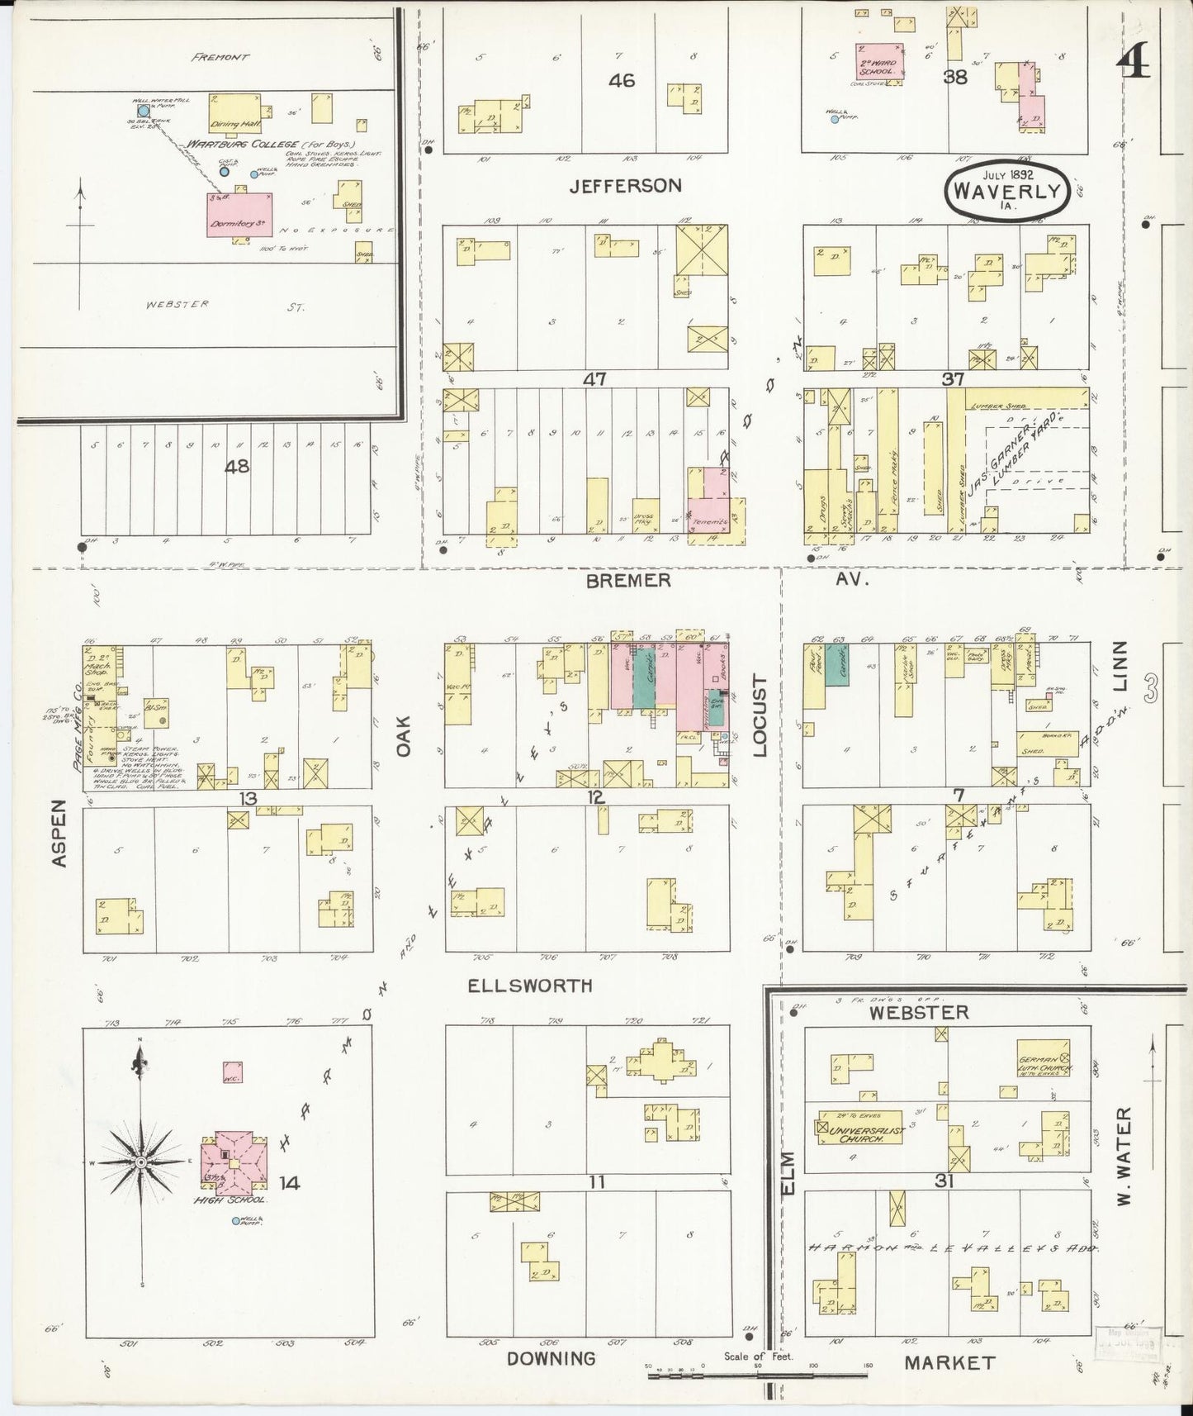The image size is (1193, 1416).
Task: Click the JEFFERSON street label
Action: tap(625, 186)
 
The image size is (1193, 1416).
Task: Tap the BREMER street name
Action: tap(628, 581)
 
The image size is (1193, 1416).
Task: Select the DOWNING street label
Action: tap(551, 1358)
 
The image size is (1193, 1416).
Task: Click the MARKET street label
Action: tap(949, 1362)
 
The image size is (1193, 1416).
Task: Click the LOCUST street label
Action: tap(760, 716)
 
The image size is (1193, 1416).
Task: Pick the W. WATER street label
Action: tap(1123, 1156)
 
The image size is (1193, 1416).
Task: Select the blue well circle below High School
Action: tap(236, 1221)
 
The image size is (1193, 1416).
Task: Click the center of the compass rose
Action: tap(142, 1162)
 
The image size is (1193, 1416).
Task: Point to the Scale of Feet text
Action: tap(758, 1357)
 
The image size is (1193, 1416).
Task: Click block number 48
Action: tap(237, 467)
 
